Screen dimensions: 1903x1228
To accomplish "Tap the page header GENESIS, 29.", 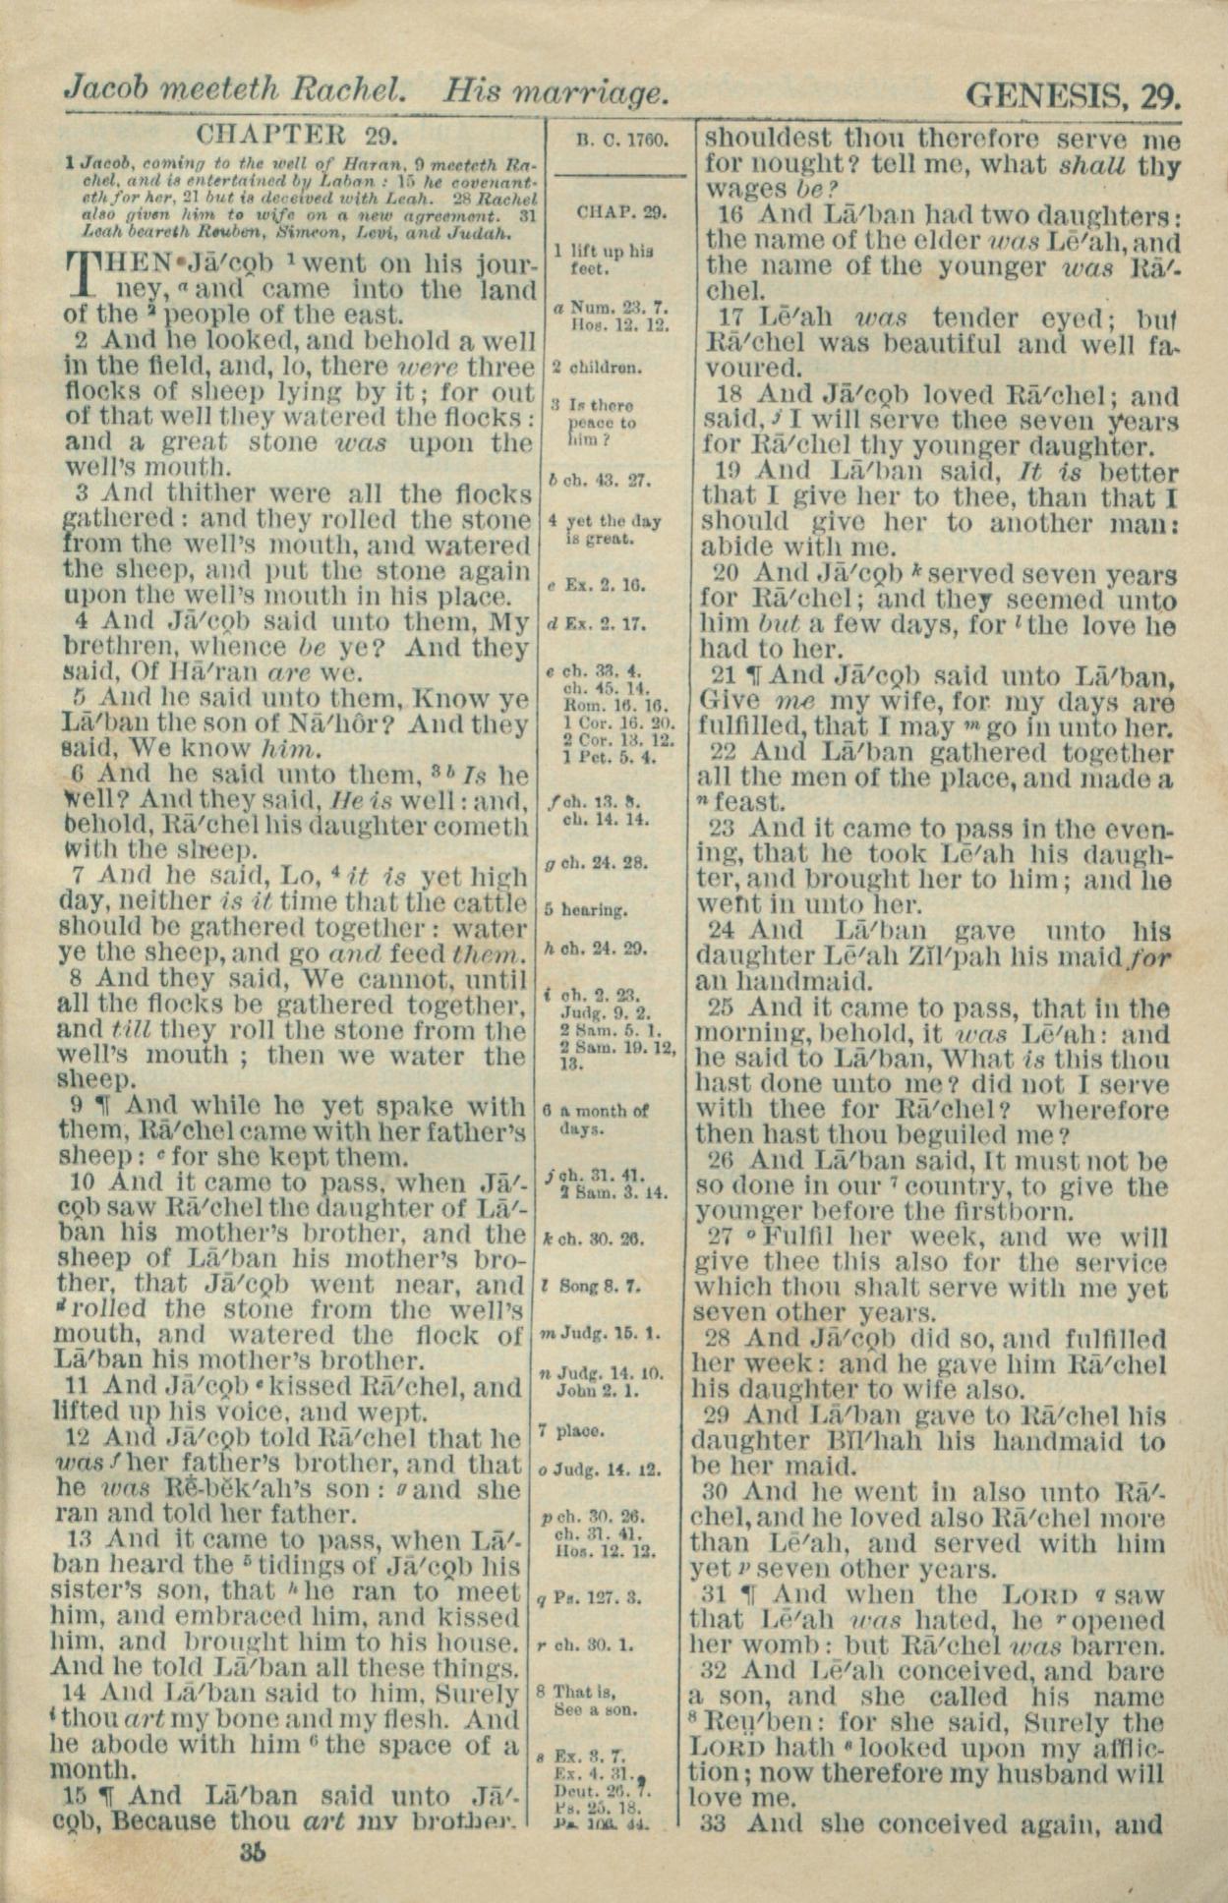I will coord(1073,95).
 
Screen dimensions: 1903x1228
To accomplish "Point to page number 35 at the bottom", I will coord(253,1853).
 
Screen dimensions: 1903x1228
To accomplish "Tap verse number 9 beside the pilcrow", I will coord(76,1106).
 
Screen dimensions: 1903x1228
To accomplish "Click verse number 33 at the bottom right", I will coord(719,1824).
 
